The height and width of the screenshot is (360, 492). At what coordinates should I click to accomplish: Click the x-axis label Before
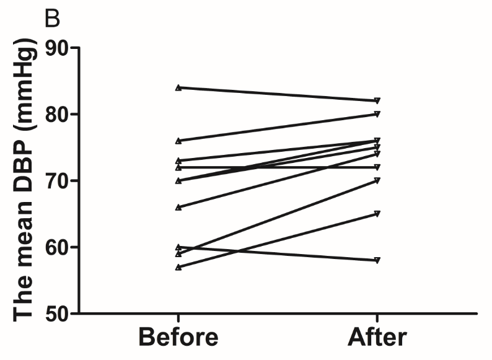point(178,338)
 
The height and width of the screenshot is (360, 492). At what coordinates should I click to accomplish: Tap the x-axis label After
point(377,338)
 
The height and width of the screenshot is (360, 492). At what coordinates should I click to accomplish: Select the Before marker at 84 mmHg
point(178,87)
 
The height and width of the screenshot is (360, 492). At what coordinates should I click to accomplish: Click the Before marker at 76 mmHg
point(178,141)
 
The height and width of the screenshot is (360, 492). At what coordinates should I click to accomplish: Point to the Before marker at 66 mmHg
point(178,207)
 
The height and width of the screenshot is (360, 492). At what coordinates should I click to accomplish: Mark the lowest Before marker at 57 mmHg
point(178,267)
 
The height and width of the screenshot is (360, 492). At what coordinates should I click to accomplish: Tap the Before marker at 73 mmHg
point(178,160)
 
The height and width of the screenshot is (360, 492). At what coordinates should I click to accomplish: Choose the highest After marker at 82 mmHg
point(377,100)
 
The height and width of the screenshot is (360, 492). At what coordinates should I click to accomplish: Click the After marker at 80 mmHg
point(377,114)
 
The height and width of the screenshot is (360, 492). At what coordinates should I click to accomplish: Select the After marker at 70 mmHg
point(377,180)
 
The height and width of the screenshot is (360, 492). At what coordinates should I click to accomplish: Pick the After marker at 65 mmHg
point(377,214)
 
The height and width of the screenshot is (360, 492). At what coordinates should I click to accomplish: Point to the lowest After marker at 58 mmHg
point(377,260)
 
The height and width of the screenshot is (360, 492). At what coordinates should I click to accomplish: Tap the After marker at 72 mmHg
point(377,167)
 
